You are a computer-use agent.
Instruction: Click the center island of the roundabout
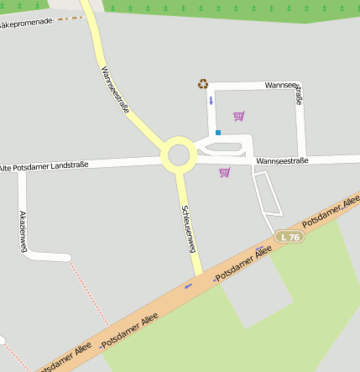[x=178, y=155]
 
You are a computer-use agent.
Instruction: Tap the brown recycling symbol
[x=202, y=83]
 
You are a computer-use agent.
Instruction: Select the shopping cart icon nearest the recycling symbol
[x=239, y=116]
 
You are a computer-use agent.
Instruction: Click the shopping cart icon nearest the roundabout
[x=224, y=172]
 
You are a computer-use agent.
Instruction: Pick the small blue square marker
[x=218, y=133]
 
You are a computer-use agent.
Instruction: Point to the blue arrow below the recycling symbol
[x=211, y=101]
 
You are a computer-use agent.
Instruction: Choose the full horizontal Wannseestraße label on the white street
[x=282, y=160]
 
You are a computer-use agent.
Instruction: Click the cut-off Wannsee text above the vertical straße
[x=280, y=85]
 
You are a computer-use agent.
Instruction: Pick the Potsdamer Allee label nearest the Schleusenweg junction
[x=245, y=263]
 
